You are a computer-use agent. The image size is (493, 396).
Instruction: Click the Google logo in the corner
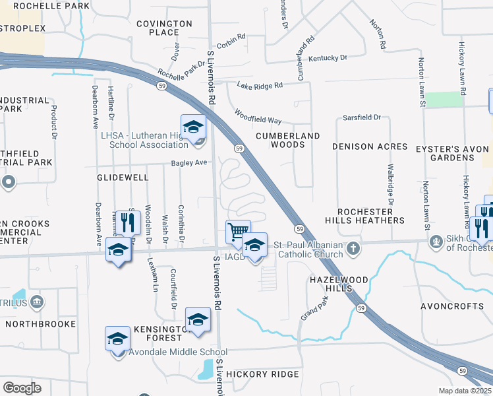[22, 387]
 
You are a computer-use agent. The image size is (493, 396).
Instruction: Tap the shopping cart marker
[238, 232]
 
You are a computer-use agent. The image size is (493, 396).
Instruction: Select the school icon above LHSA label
[193, 127]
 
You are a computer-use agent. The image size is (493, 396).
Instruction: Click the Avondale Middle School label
[178, 352]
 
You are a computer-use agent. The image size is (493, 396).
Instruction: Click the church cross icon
[354, 249]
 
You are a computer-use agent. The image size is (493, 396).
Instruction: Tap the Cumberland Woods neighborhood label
[287, 140]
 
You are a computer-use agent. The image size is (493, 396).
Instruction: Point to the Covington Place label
[164, 28]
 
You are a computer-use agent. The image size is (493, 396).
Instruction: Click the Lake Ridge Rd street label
[260, 85]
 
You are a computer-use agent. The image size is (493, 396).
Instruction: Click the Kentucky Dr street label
[327, 58]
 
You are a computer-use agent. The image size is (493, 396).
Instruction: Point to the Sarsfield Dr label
[362, 117]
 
